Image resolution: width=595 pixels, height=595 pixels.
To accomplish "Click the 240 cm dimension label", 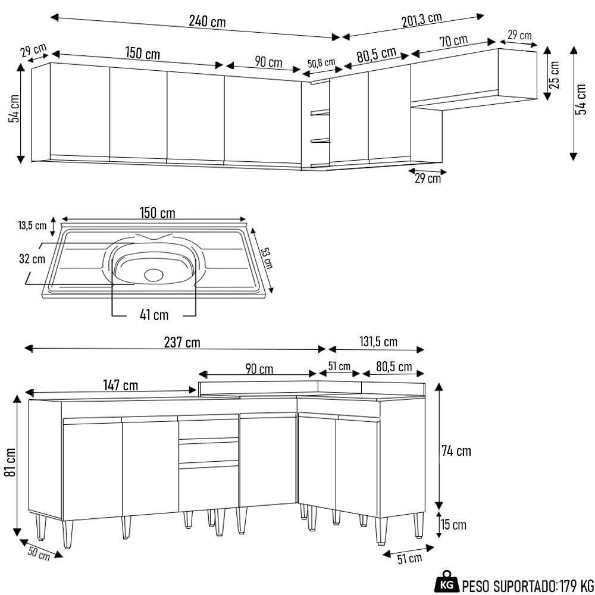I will pyautogui.click(x=207, y=21).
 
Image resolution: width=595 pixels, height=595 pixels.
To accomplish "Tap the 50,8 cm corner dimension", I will pyautogui.click(x=321, y=62).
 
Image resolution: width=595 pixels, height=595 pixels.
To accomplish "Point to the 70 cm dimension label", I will pyautogui.click(x=453, y=41).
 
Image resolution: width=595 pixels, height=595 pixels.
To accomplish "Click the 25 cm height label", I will pyautogui.click(x=555, y=74).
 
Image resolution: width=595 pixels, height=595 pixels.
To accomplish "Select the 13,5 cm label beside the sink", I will pyautogui.click(x=32, y=226).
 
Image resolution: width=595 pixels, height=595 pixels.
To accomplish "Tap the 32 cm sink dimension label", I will pyautogui.click(x=31, y=259).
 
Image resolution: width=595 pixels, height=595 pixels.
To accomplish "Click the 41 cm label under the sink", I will pyautogui.click(x=154, y=315).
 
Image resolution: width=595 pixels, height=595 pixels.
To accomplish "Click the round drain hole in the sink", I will pyautogui.click(x=154, y=274).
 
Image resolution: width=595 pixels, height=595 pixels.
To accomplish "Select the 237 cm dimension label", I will pyautogui.click(x=182, y=343).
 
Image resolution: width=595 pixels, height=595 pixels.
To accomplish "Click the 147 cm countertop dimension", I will pyautogui.click(x=121, y=386).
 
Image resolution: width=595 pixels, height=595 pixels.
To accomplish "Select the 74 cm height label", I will pyautogui.click(x=456, y=451).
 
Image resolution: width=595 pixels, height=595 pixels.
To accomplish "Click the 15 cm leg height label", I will pyautogui.click(x=453, y=525).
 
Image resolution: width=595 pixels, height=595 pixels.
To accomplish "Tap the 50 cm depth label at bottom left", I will pyautogui.click(x=39, y=553).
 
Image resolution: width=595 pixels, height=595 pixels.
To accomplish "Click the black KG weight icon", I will pyautogui.click(x=447, y=584).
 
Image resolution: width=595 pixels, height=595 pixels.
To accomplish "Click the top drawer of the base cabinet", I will pyautogui.click(x=208, y=429).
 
